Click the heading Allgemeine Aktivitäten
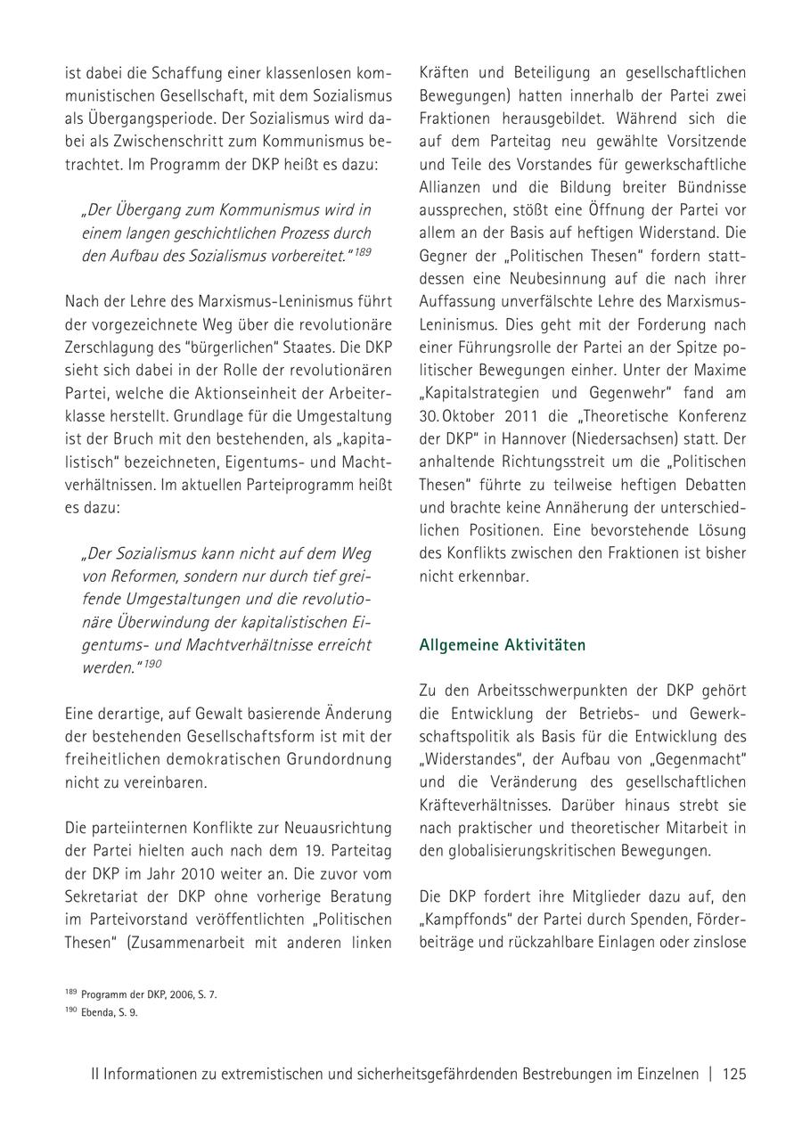502,645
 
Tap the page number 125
734,1074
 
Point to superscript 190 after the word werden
152,664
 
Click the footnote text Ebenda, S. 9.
109,1012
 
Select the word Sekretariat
105,896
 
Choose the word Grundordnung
339,759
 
